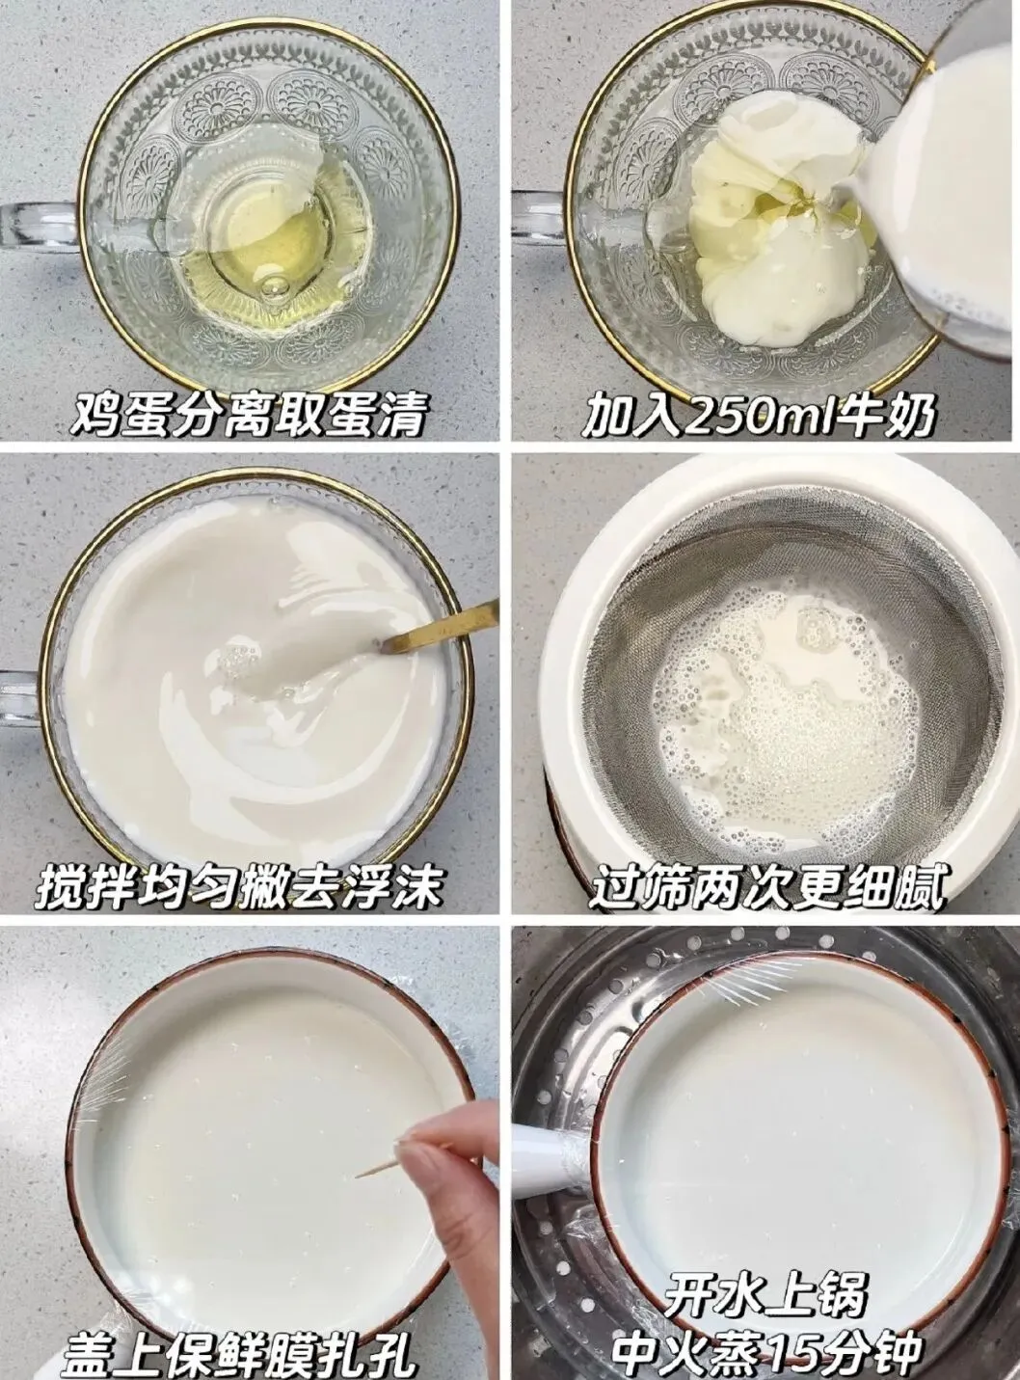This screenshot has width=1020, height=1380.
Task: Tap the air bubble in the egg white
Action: [x=274, y=287]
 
